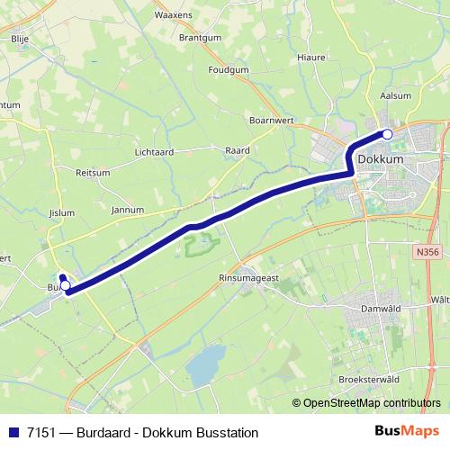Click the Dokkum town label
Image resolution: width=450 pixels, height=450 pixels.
click(380, 159)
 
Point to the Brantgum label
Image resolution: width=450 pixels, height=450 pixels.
click(199, 39)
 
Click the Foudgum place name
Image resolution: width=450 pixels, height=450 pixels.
click(228, 69)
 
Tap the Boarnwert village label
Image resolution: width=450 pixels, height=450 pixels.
click(272, 118)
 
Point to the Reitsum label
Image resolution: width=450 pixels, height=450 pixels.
click(93, 172)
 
